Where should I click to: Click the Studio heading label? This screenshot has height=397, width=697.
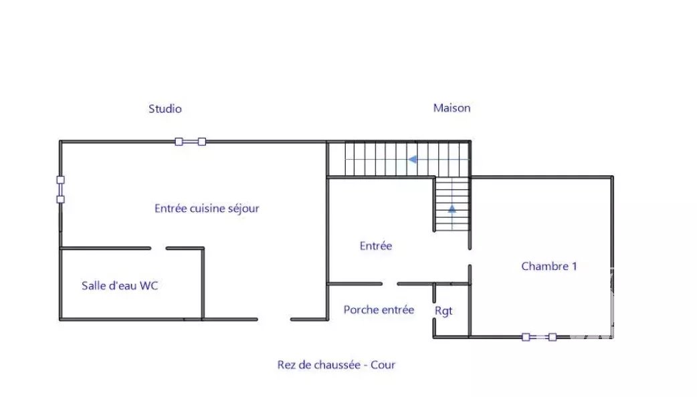coord(165,109)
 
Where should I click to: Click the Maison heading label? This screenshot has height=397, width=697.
coord(452,108)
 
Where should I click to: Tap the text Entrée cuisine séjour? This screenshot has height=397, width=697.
coord(207,209)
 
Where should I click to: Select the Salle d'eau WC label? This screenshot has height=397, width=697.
coord(120,285)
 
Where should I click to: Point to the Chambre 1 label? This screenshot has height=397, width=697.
coord(549,266)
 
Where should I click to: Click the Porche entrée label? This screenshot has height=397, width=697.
coord(379,309)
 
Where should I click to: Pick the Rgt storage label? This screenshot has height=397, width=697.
coord(443,311)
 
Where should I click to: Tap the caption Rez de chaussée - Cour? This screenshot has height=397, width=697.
coord(336,364)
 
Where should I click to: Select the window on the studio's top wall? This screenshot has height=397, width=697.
coord(190,142)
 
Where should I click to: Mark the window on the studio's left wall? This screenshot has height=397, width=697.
coord(60,190)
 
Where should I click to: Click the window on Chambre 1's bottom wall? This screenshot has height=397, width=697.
coord(538,337)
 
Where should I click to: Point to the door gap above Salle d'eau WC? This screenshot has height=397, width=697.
coord(159,248)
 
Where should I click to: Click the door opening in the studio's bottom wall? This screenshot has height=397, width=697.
coord(274,319)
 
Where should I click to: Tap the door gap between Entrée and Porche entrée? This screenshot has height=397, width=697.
coord(389,284)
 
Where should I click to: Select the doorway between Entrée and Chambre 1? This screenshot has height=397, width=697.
coord(470,257)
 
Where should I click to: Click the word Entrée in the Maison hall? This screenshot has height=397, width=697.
coord(376,245)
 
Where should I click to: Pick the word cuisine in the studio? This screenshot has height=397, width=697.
coord(207,209)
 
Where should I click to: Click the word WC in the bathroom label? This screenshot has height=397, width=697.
coord(148,285)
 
